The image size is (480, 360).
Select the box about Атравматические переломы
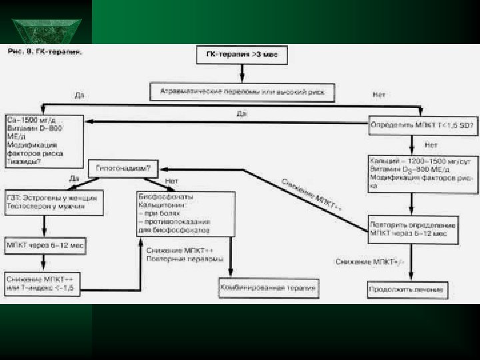click(242, 92)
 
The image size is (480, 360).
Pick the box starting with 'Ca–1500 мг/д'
click(44, 138)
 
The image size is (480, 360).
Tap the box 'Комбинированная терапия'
click(267, 288)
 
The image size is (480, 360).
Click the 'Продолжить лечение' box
click(407, 291)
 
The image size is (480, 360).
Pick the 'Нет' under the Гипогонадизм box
click(171, 181)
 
